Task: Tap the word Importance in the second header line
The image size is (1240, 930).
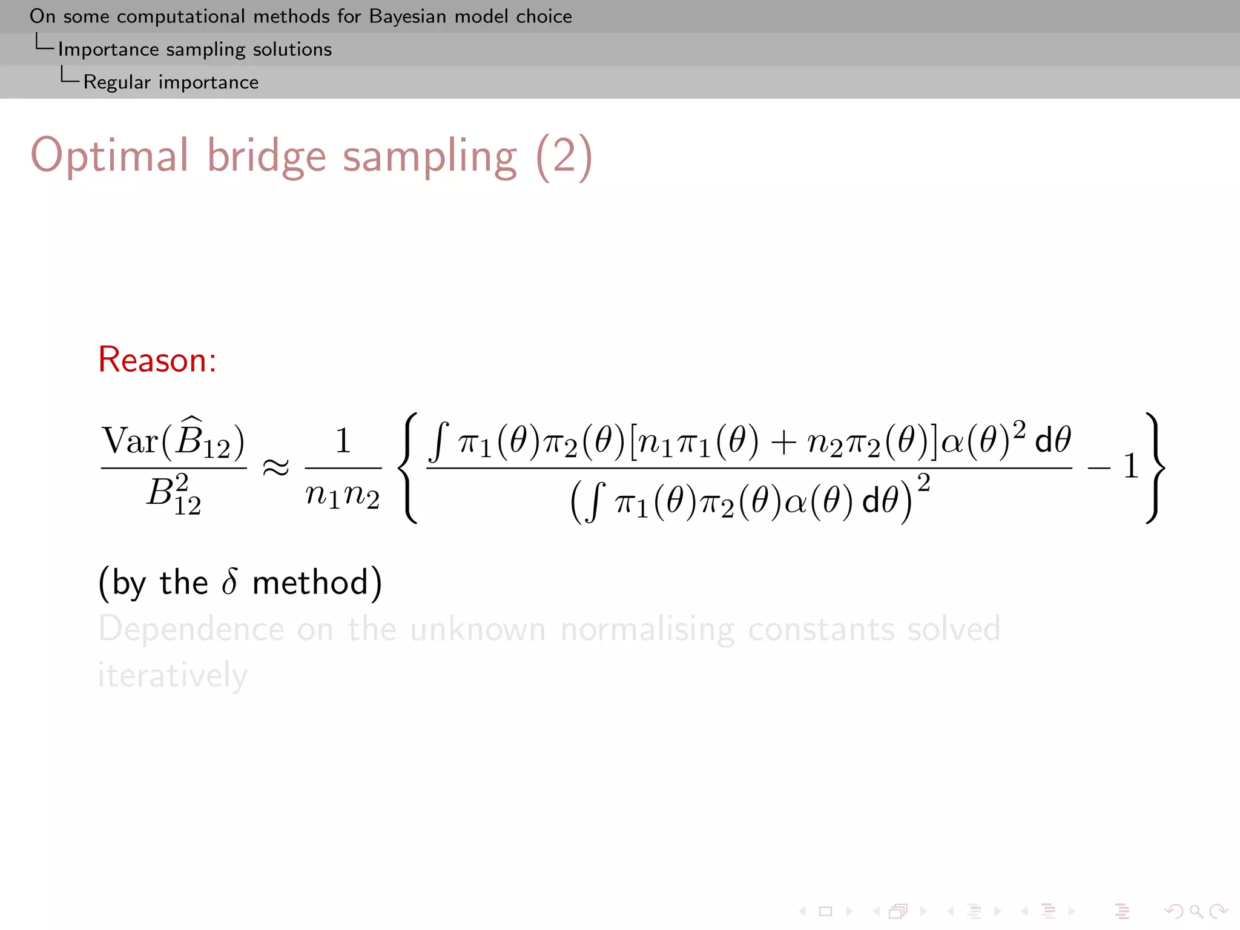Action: point(108,49)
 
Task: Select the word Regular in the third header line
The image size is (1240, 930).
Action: point(116,82)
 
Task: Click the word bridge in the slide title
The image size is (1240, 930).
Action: point(266,156)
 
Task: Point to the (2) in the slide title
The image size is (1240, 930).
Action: point(564,156)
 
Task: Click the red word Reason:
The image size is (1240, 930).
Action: point(157,360)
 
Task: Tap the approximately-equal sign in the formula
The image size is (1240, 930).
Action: point(275,467)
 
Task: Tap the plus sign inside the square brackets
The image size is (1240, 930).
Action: point(783,442)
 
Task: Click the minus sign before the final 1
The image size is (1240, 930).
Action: point(1098,467)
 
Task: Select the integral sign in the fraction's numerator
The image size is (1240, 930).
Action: point(439,441)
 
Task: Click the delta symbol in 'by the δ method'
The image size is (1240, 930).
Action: point(229,582)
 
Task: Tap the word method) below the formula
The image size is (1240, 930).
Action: point(317,582)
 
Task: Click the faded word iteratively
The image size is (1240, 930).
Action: point(173,675)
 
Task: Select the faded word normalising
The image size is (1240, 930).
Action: point(647,629)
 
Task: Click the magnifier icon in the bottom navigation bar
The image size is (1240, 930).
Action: point(1195,911)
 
